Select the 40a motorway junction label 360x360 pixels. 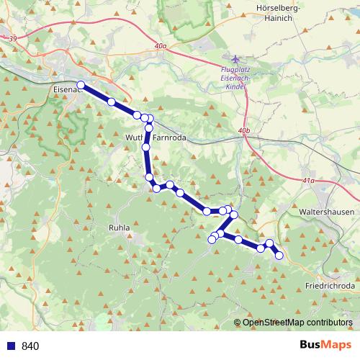(x=161, y=46)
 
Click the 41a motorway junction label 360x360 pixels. (x=310, y=181)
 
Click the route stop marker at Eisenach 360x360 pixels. (x=81, y=85)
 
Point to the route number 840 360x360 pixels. (x=30, y=346)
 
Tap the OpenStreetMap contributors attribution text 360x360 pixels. (x=297, y=323)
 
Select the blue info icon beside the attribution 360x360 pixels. (x=238, y=323)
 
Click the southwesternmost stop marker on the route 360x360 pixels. (x=212, y=240)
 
